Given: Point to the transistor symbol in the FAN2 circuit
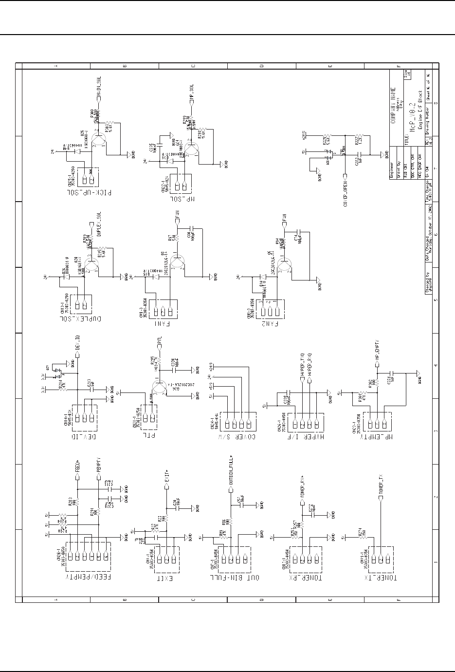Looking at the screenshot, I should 285,262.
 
